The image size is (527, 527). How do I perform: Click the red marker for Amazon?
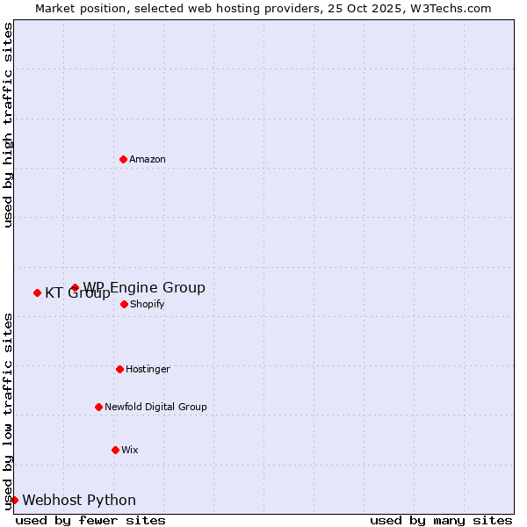123,159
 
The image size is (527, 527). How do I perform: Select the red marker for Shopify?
124,304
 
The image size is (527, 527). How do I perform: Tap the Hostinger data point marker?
119,369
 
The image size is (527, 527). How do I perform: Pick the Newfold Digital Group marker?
98,407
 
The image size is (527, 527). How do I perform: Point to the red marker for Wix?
115,450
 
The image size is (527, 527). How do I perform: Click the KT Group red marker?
37,292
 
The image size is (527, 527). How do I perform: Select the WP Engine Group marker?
75,287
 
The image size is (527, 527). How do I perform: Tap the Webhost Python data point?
14,500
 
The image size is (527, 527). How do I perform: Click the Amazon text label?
148,159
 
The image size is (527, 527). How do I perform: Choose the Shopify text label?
147,304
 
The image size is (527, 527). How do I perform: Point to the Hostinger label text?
148,369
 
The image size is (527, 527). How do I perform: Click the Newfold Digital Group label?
155,407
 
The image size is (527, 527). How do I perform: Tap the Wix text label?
129,450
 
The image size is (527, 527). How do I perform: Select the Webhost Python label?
79,500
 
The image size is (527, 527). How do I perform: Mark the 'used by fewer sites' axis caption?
90,520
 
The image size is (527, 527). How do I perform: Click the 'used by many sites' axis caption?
441,520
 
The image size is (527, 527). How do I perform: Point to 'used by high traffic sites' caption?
8,125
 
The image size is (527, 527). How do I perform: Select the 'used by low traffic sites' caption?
8,411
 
